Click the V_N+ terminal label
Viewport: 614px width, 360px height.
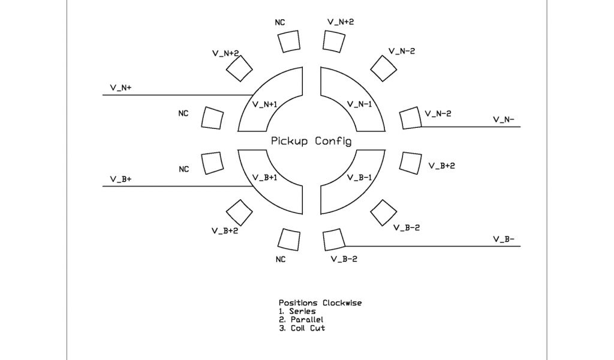121,88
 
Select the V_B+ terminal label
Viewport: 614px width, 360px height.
121,179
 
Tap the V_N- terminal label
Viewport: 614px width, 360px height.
504,119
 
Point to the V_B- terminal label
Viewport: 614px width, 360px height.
504,239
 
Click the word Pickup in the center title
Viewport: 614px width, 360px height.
289,142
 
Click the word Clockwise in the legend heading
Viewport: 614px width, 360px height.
342,303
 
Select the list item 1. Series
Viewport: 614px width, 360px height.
297,311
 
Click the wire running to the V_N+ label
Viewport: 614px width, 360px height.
174,95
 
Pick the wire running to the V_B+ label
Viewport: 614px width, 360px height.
174,186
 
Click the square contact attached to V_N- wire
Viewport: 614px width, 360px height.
410,118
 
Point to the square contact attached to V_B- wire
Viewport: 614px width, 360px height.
333,240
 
